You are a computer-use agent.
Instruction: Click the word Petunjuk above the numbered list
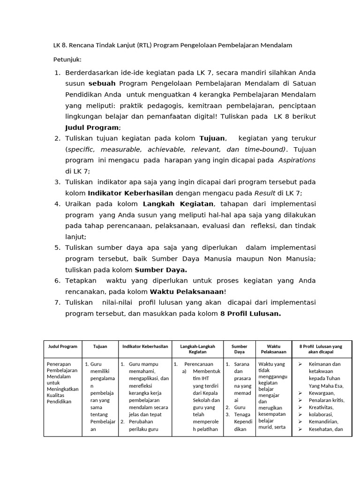(67, 60)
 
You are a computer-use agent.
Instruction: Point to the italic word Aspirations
(297, 160)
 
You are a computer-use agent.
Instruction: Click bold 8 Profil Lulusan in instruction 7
(250, 314)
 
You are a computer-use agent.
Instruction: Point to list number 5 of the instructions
(57, 247)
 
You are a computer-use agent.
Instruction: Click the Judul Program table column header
(63, 346)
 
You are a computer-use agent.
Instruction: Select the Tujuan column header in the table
(100, 346)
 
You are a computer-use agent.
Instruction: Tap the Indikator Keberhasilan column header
(145, 346)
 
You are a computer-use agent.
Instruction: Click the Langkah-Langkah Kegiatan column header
(197, 349)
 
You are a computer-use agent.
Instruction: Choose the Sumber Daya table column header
(239, 349)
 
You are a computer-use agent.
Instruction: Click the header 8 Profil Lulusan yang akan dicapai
(321, 349)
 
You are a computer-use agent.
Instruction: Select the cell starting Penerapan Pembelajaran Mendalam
(62, 382)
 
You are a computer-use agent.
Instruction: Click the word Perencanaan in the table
(199, 364)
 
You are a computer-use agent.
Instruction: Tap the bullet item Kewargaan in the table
(322, 393)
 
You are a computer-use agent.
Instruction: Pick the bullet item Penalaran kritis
(326, 400)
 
